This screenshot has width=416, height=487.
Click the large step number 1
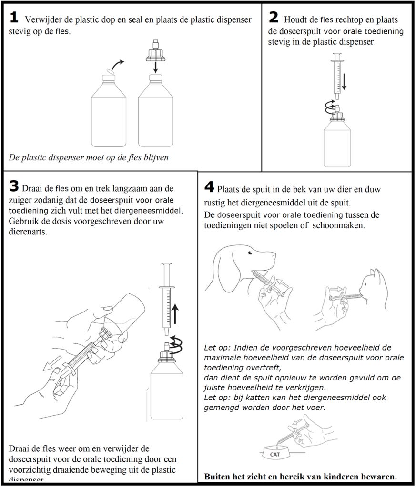click(x=14, y=18)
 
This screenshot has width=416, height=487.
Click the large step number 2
click(x=274, y=18)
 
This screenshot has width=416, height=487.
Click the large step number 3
click(x=14, y=186)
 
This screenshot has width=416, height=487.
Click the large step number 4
click(x=209, y=185)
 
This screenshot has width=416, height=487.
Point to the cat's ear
click(x=378, y=274)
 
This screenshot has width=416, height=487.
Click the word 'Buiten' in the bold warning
click(x=217, y=476)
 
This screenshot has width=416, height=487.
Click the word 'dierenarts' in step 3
click(x=29, y=233)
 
